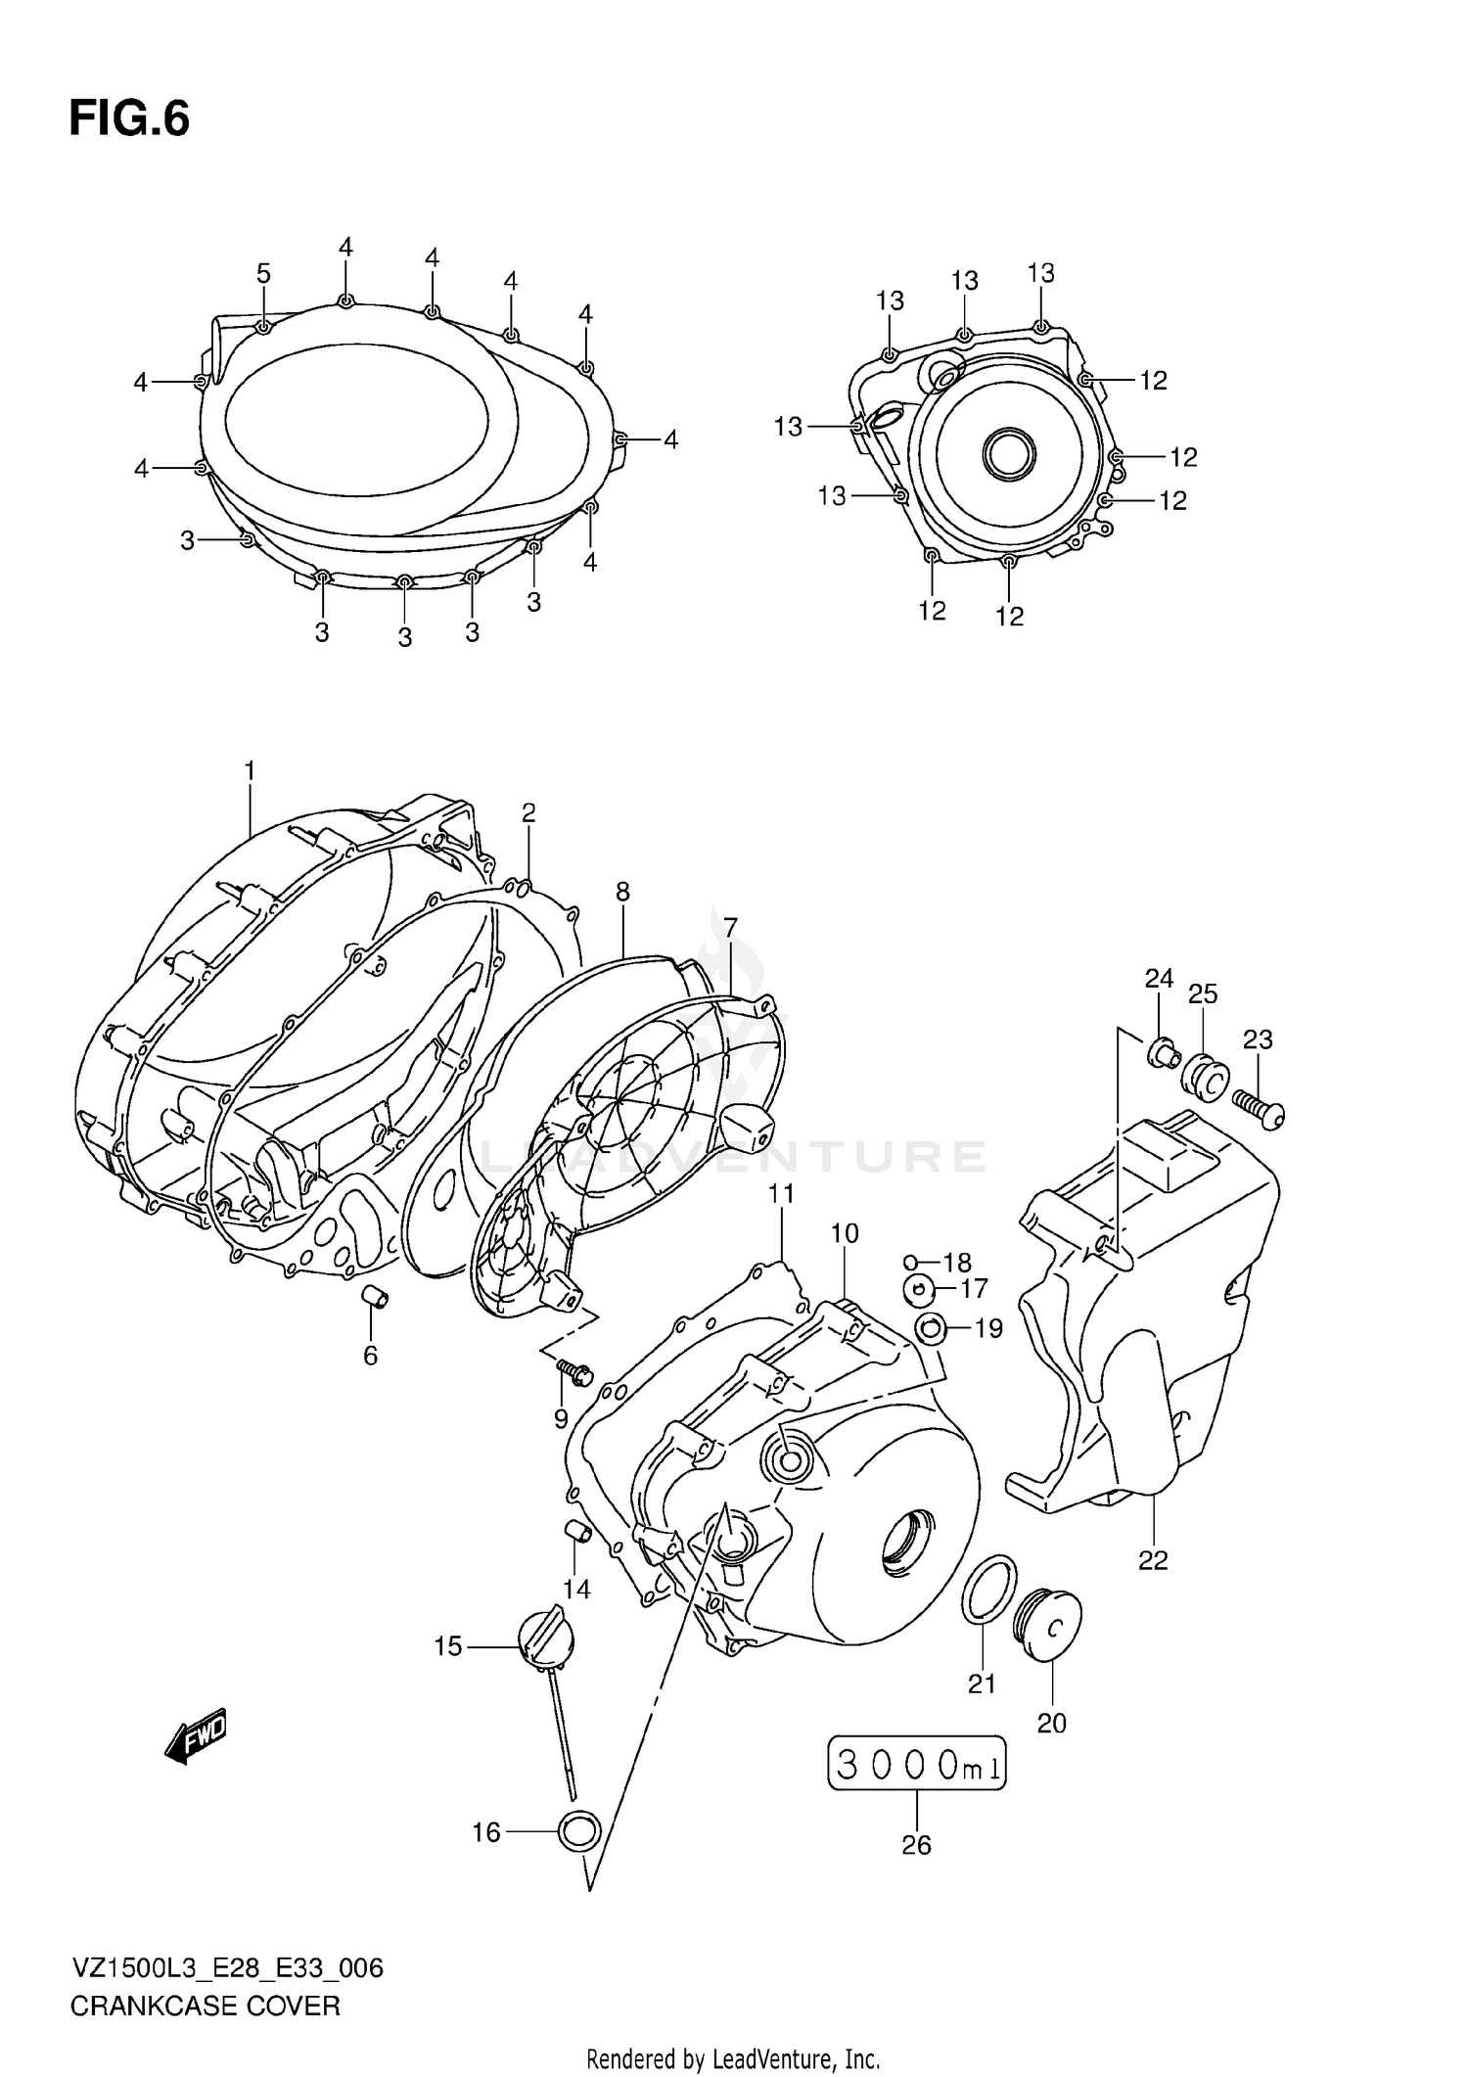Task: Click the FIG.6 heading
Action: tap(129, 119)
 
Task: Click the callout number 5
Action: tap(263, 274)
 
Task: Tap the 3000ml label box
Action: tap(917, 1764)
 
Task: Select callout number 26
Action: tap(916, 1845)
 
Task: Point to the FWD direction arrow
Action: tap(196, 1736)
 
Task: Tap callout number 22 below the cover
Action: tap(1153, 1560)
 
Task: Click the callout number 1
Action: tap(250, 771)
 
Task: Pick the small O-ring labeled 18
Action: tap(909, 1262)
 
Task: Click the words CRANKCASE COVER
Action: tap(206, 2006)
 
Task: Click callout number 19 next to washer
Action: tap(988, 1328)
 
